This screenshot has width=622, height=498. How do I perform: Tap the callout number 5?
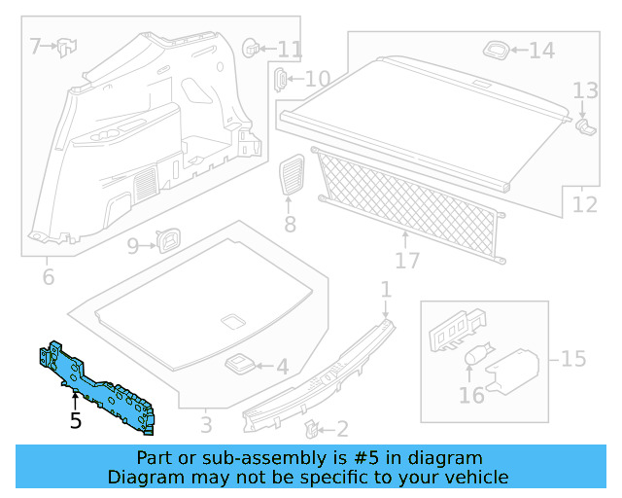(x=76, y=421)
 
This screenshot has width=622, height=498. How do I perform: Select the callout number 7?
(x=36, y=46)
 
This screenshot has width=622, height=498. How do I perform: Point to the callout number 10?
(x=318, y=79)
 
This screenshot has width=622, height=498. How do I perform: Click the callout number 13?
(x=584, y=91)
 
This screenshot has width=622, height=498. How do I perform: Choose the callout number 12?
(x=585, y=205)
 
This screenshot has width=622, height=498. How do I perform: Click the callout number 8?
(x=290, y=225)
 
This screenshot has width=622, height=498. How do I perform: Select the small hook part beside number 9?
(x=169, y=239)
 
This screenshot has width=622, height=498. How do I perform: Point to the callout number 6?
(x=48, y=277)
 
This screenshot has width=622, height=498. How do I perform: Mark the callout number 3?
(x=206, y=424)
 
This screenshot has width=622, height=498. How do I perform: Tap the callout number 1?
(x=385, y=289)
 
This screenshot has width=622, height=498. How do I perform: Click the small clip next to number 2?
(x=311, y=427)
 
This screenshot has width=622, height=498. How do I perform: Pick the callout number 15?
(x=573, y=359)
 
